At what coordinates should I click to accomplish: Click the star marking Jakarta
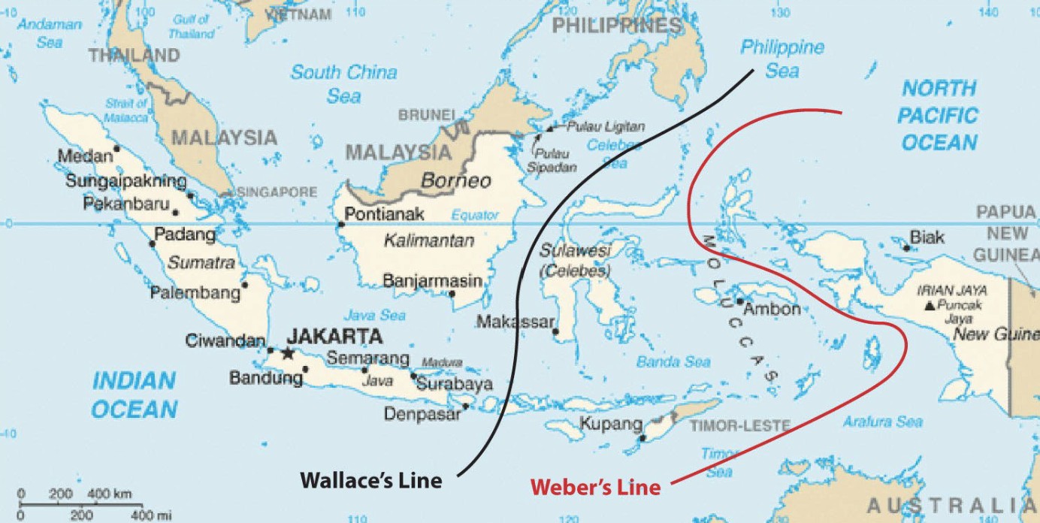(x=286, y=352)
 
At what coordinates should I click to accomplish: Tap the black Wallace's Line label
(x=371, y=480)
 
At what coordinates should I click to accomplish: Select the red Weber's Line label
(x=595, y=487)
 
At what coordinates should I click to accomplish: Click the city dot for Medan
(x=116, y=149)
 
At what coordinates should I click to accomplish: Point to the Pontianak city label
(x=385, y=214)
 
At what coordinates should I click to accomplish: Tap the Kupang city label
(x=610, y=424)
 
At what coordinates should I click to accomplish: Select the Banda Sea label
(x=673, y=362)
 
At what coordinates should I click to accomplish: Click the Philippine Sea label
(x=782, y=59)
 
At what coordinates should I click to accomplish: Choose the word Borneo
(x=455, y=181)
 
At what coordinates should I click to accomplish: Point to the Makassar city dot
(x=555, y=331)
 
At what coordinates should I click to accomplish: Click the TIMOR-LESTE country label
(x=740, y=426)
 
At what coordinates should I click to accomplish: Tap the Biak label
(x=927, y=238)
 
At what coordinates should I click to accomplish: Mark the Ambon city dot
(x=739, y=301)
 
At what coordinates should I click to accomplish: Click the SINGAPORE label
(x=277, y=192)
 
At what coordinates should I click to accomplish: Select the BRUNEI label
(x=427, y=115)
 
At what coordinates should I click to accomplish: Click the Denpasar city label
(x=422, y=413)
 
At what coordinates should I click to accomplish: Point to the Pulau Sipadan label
(x=552, y=160)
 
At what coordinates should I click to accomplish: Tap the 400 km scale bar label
(x=110, y=494)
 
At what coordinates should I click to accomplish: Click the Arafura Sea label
(x=882, y=422)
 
